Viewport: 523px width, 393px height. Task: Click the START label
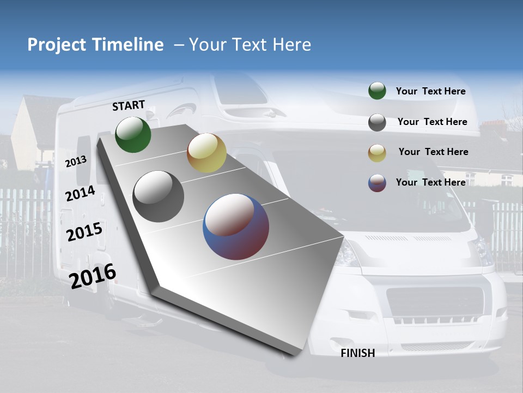click(129, 105)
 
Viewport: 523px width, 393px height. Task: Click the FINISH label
click(357, 353)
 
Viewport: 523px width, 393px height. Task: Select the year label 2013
click(76, 161)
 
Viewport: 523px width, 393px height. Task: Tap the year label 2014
click(80, 193)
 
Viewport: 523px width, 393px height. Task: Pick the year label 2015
click(84, 232)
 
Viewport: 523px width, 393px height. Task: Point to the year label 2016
click(93, 276)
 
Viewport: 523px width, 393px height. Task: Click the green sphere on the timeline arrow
click(133, 134)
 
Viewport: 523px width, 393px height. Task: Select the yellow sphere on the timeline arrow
click(206, 153)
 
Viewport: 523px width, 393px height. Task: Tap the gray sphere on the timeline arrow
click(159, 196)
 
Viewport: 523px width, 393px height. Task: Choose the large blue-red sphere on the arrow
click(236, 227)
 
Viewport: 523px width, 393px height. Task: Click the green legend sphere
click(377, 91)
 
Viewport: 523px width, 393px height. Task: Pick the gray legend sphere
click(377, 122)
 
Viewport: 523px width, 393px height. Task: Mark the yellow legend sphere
click(377, 153)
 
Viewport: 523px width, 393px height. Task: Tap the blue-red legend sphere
click(377, 183)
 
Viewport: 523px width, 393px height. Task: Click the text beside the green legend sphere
click(430, 92)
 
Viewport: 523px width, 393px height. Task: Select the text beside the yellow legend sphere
click(433, 152)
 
